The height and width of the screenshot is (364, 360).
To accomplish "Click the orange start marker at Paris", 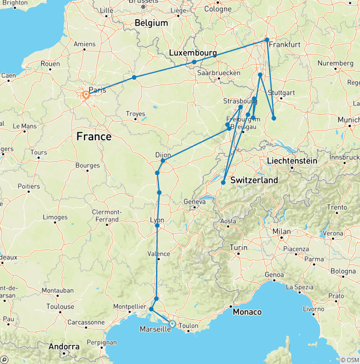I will click(86, 95).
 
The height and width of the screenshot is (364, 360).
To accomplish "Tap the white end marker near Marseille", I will click(172, 324).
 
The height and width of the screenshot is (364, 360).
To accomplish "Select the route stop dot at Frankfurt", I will click(267, 40).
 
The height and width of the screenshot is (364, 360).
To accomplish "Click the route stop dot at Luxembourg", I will click(194, 62).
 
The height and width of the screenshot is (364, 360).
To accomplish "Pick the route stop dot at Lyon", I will click(157, 226).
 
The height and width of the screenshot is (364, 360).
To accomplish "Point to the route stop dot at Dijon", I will click(163, 161).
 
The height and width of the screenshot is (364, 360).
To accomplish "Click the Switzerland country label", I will click(254, 180).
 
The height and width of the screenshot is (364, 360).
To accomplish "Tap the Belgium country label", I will click(151, 23).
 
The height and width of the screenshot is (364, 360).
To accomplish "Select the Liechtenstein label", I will click(292, 161).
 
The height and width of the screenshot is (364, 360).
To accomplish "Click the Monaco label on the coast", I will click(247, 312).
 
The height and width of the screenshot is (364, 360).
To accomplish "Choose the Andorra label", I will click(64, 347).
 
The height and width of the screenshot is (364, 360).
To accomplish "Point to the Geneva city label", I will click(195, 202).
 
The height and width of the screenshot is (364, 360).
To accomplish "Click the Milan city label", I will click(282, 232).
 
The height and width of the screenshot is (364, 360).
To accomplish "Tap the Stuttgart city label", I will click(281, 93).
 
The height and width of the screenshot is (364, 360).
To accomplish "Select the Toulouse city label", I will click(60, 307).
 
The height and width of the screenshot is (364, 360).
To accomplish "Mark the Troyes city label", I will click(135, 113).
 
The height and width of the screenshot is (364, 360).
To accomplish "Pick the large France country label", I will click(94, 136).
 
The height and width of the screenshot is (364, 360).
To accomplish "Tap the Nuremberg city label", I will click(335, 63).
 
